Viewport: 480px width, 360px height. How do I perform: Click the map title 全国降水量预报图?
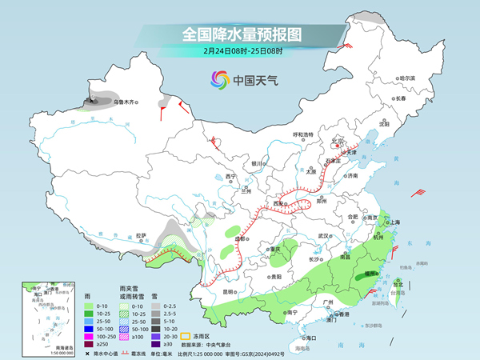tap(241, 35)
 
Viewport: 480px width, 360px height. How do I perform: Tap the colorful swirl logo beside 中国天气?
tap(219, 79)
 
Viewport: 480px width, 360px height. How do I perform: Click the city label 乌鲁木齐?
tap(126, 102)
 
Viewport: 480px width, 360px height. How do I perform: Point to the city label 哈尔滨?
tap(408, 78)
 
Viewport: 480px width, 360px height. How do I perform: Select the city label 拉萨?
tap(142, 236)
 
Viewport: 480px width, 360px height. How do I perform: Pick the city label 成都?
tap(241, 238)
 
